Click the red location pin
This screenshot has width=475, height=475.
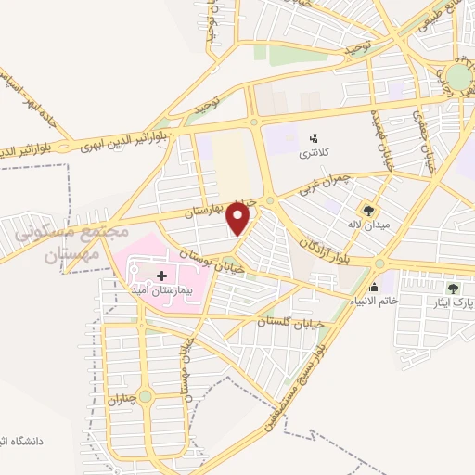[240, 218]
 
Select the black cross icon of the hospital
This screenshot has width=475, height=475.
[162, 276]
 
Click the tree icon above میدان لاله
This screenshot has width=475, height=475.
[369, 211]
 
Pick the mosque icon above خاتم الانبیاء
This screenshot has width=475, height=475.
[375, 287]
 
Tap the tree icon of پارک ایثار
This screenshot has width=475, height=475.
[453, 288]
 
